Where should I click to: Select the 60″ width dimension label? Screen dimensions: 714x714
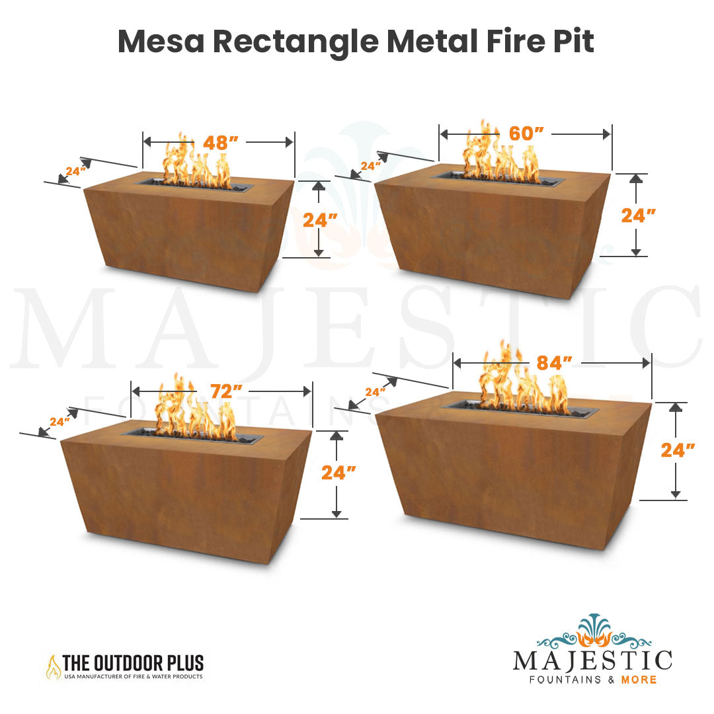pos(526,134)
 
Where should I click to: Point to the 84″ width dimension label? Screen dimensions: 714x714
pos(554,363)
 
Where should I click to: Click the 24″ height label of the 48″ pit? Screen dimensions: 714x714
pos(320,219)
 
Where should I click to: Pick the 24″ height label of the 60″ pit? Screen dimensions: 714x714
pos(639,216)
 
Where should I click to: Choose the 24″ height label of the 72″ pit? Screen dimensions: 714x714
pos(338,472)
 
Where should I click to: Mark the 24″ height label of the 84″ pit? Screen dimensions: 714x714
pos(678,450)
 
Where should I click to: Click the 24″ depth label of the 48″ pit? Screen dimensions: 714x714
pos(76,171)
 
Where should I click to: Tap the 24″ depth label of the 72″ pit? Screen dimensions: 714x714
pos(59,421)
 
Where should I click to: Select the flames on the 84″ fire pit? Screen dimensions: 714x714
pos(522,383)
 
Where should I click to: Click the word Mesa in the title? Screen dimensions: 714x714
pos(160,42)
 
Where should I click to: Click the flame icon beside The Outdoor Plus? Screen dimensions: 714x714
pos(52,666)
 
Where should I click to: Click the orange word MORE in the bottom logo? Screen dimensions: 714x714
pos(638,680)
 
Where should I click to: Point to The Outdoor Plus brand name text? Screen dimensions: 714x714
pos(132,662)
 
